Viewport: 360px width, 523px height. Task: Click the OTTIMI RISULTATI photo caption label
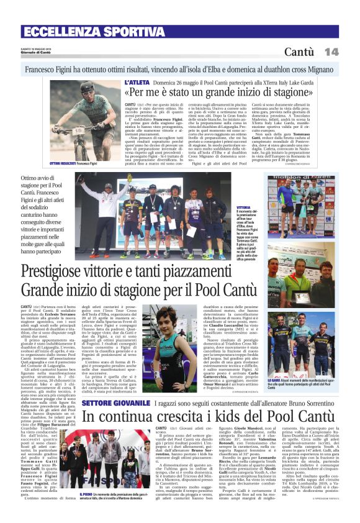tap(65, 163)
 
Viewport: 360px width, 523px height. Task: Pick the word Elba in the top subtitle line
tap(211, 70)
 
